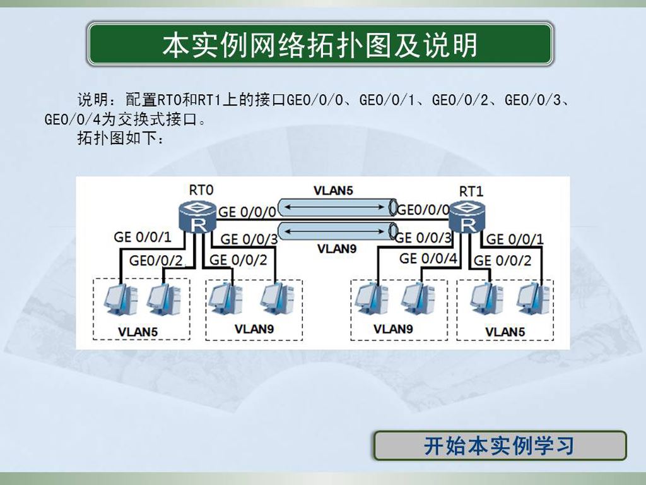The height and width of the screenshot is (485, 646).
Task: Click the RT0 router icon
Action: point(197,217)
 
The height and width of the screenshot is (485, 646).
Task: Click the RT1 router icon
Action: point(467,217)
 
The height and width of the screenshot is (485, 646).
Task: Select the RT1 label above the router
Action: point(471,191)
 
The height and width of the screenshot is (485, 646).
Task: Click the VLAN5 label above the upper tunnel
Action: point(333,191)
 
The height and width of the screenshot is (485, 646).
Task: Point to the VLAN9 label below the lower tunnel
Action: point(337,249)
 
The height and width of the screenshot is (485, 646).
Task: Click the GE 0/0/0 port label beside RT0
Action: point(247,212)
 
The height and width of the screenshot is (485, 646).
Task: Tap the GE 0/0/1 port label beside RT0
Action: point(143,237)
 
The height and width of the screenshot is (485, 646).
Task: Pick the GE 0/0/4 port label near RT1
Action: point(428,258)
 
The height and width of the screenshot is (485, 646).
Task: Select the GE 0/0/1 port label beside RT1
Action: point(515,239)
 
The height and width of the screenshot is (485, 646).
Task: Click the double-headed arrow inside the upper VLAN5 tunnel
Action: point(334,207)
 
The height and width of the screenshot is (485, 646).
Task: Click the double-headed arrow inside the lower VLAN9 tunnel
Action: point(334,231)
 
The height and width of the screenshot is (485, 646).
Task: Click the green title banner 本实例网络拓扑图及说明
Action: point(320,44)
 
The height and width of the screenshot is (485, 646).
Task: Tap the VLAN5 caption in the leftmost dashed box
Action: point(138,332)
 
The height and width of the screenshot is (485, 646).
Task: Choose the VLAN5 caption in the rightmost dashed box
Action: point(505,332)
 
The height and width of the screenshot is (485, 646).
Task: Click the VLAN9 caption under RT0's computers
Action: point(254,329)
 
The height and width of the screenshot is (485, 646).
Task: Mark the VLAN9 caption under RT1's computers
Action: point(393,329)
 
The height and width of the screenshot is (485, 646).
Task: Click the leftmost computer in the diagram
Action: point(119,299)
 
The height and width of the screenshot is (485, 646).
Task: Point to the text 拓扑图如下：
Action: point(121,138)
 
